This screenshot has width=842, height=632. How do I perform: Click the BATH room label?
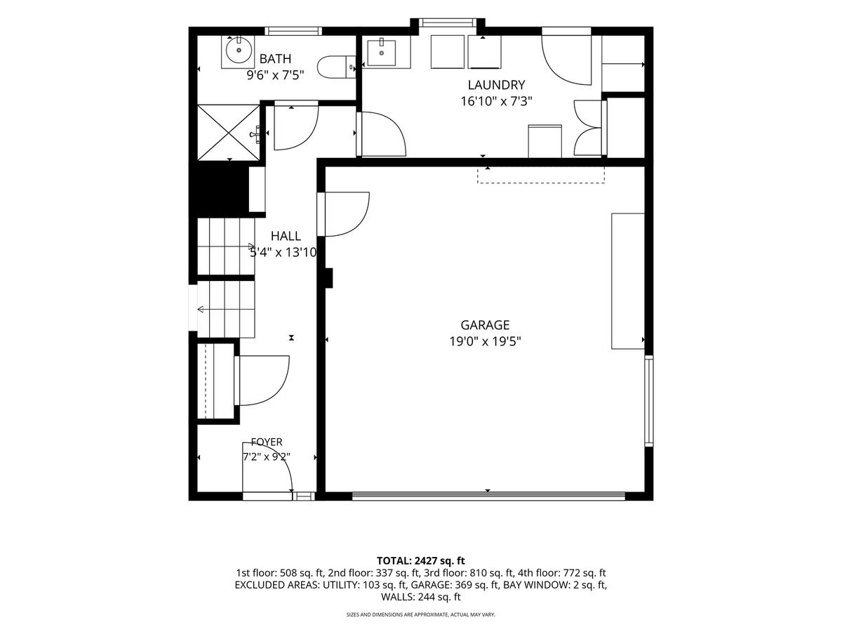coord(275,59)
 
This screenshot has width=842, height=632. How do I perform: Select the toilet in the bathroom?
coord(336,67)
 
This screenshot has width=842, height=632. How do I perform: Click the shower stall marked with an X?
coord(229,132)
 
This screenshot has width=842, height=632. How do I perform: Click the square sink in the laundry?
coord(381,52)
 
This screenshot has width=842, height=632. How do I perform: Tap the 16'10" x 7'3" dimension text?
coord(496,101)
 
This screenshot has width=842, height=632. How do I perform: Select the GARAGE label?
coord(485,325)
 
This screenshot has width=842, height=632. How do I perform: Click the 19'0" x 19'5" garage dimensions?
coord(485,341)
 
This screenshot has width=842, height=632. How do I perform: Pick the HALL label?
coord(286,236)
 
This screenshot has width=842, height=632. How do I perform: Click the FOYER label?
coord(267,442)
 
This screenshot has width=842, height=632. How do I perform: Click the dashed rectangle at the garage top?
coord(541,176)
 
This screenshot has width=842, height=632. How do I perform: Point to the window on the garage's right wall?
coord(648,400)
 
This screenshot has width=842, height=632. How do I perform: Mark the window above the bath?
coord(293,31)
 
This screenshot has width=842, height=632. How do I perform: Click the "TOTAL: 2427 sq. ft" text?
coord(421,560)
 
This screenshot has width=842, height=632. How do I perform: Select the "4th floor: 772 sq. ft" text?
coord(561,573)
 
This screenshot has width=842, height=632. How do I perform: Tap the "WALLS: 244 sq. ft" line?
coord(421,597)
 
